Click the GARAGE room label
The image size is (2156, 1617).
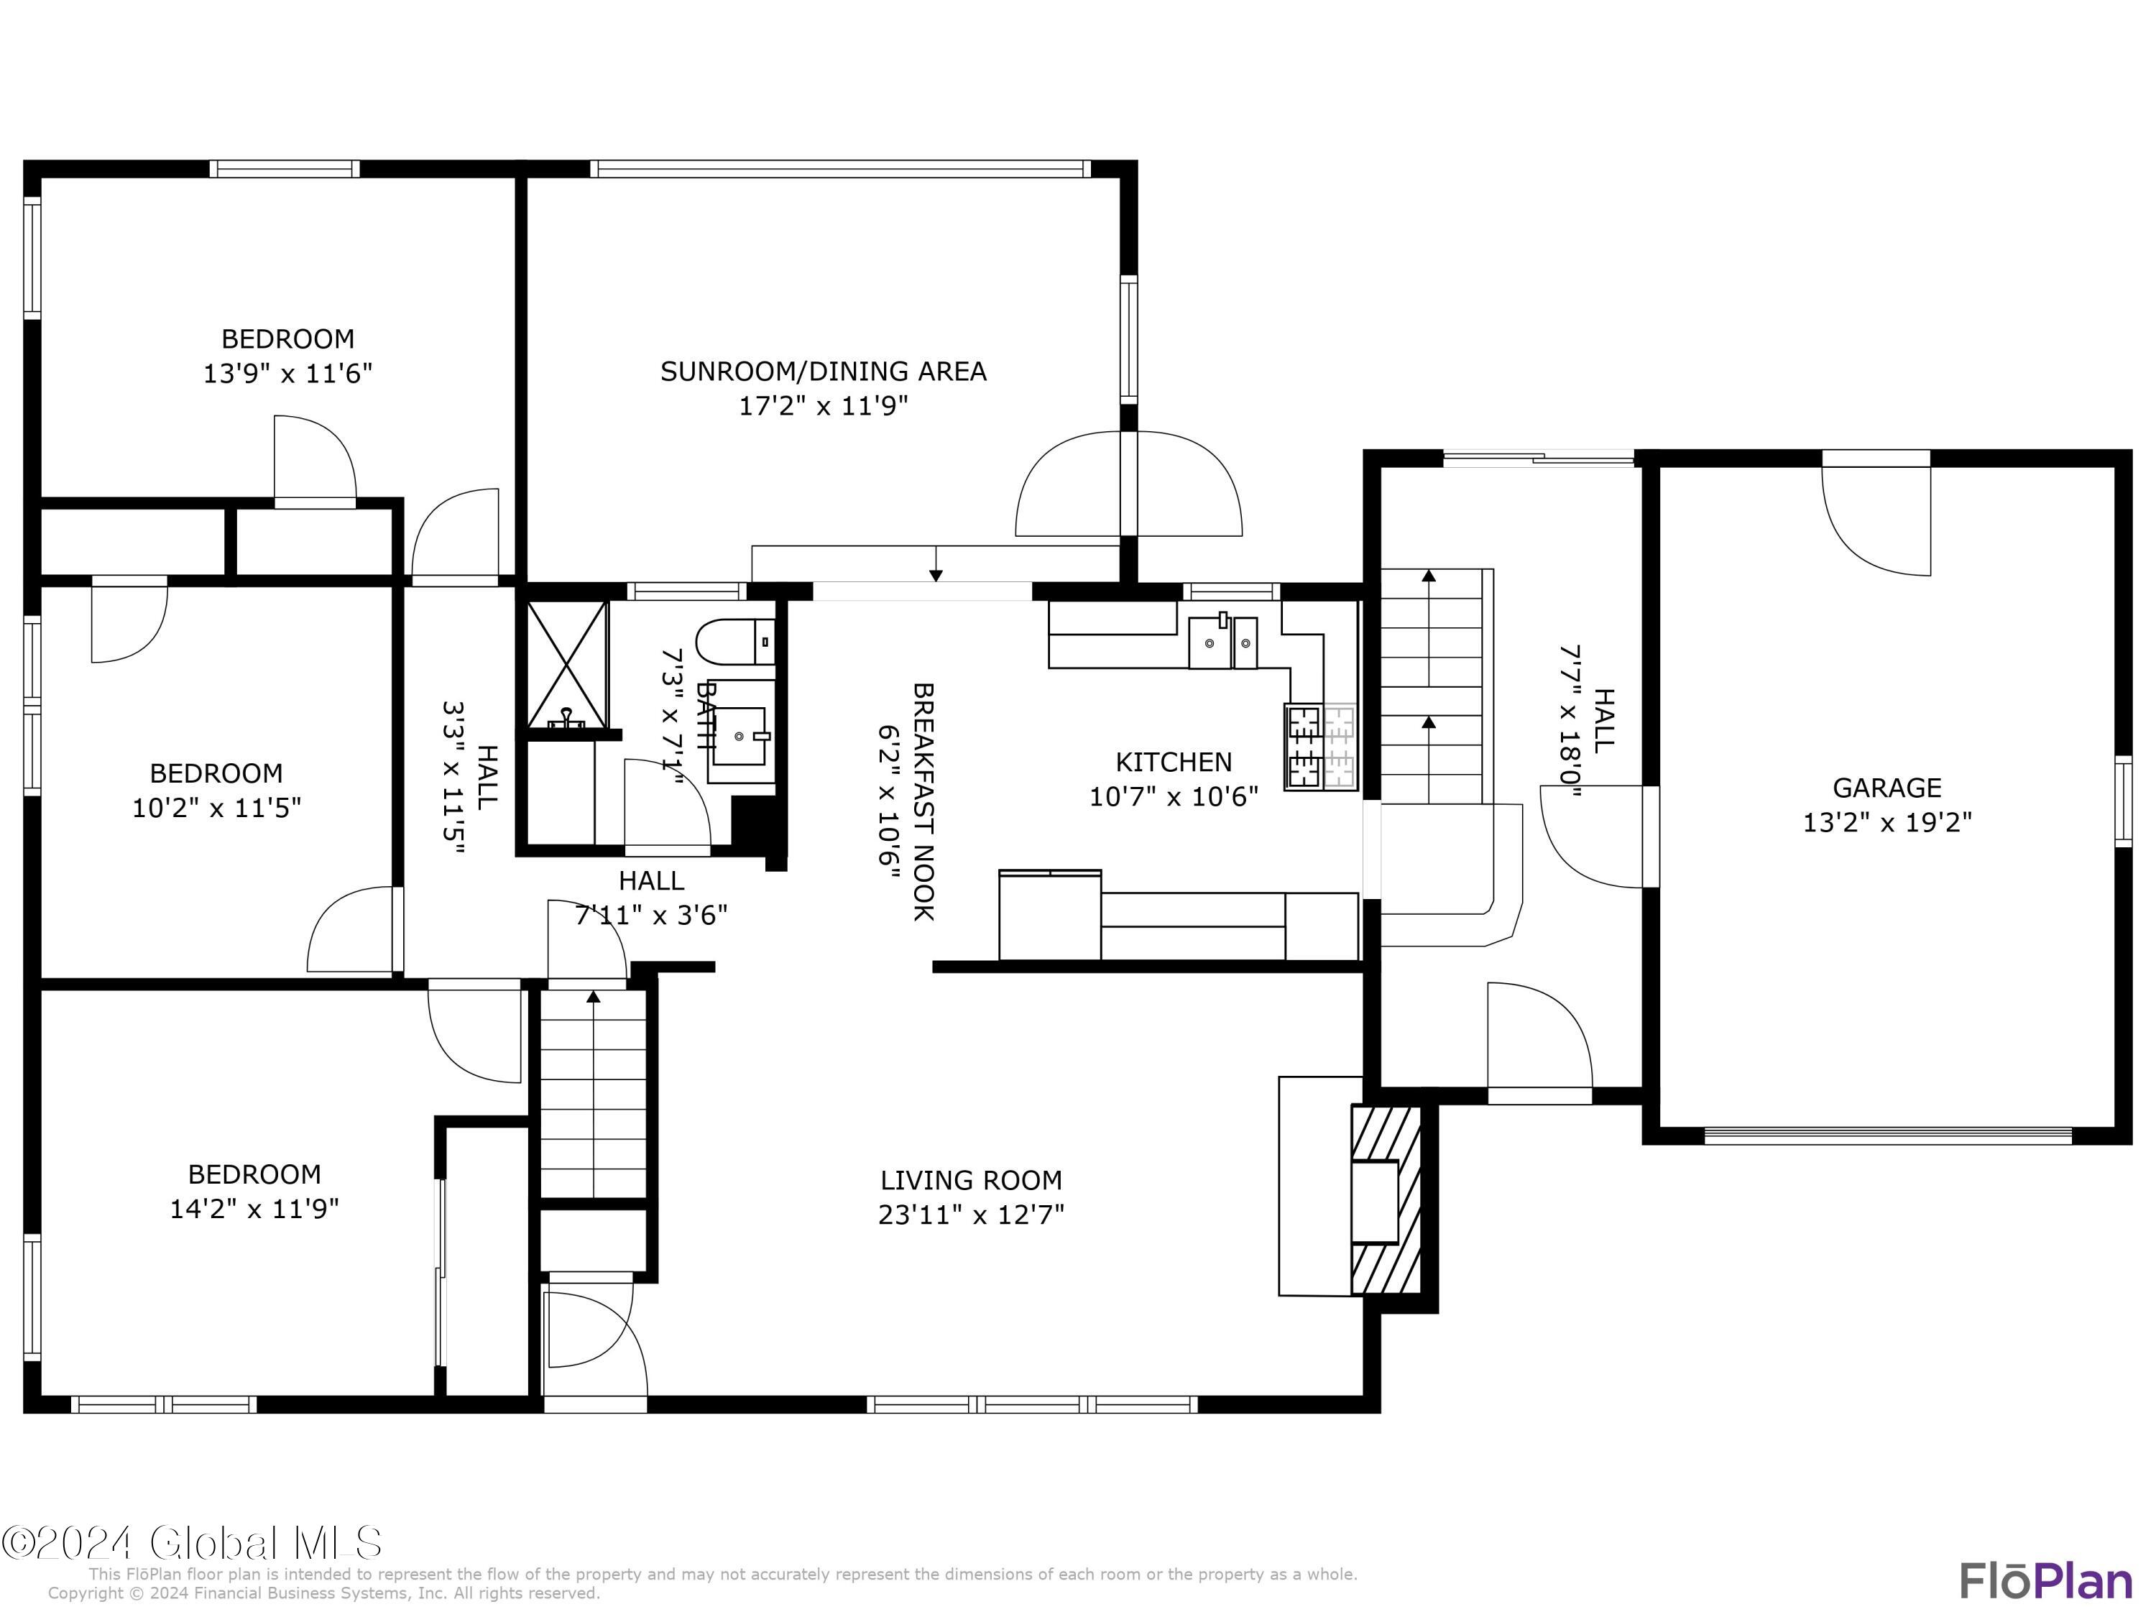point(1886,788)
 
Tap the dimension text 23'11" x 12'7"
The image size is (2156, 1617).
point(971,1215)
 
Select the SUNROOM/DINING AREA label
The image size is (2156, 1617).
point(823,372)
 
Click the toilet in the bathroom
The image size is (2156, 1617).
point(733,642)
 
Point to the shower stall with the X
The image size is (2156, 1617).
point(567,665)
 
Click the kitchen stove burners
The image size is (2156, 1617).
point(1321,747)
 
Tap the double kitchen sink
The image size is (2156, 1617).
point(1223,642)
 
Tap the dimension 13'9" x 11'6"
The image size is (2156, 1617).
point(287,373)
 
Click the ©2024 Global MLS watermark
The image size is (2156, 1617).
point(191,1543)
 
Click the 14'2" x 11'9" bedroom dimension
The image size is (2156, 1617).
point(254,1210)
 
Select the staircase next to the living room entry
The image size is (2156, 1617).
point(594,1092)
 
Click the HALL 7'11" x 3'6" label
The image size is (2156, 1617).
point(651,898)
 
